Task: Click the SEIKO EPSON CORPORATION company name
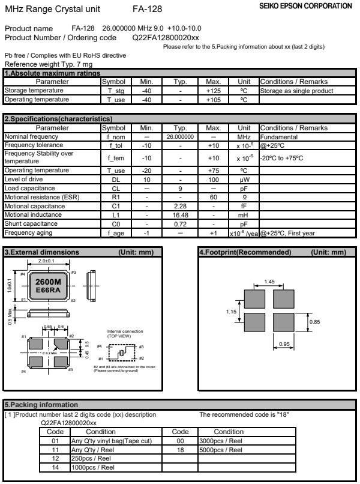point(313,6)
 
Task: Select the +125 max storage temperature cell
point(214,91)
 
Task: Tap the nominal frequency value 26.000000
point(181,136)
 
